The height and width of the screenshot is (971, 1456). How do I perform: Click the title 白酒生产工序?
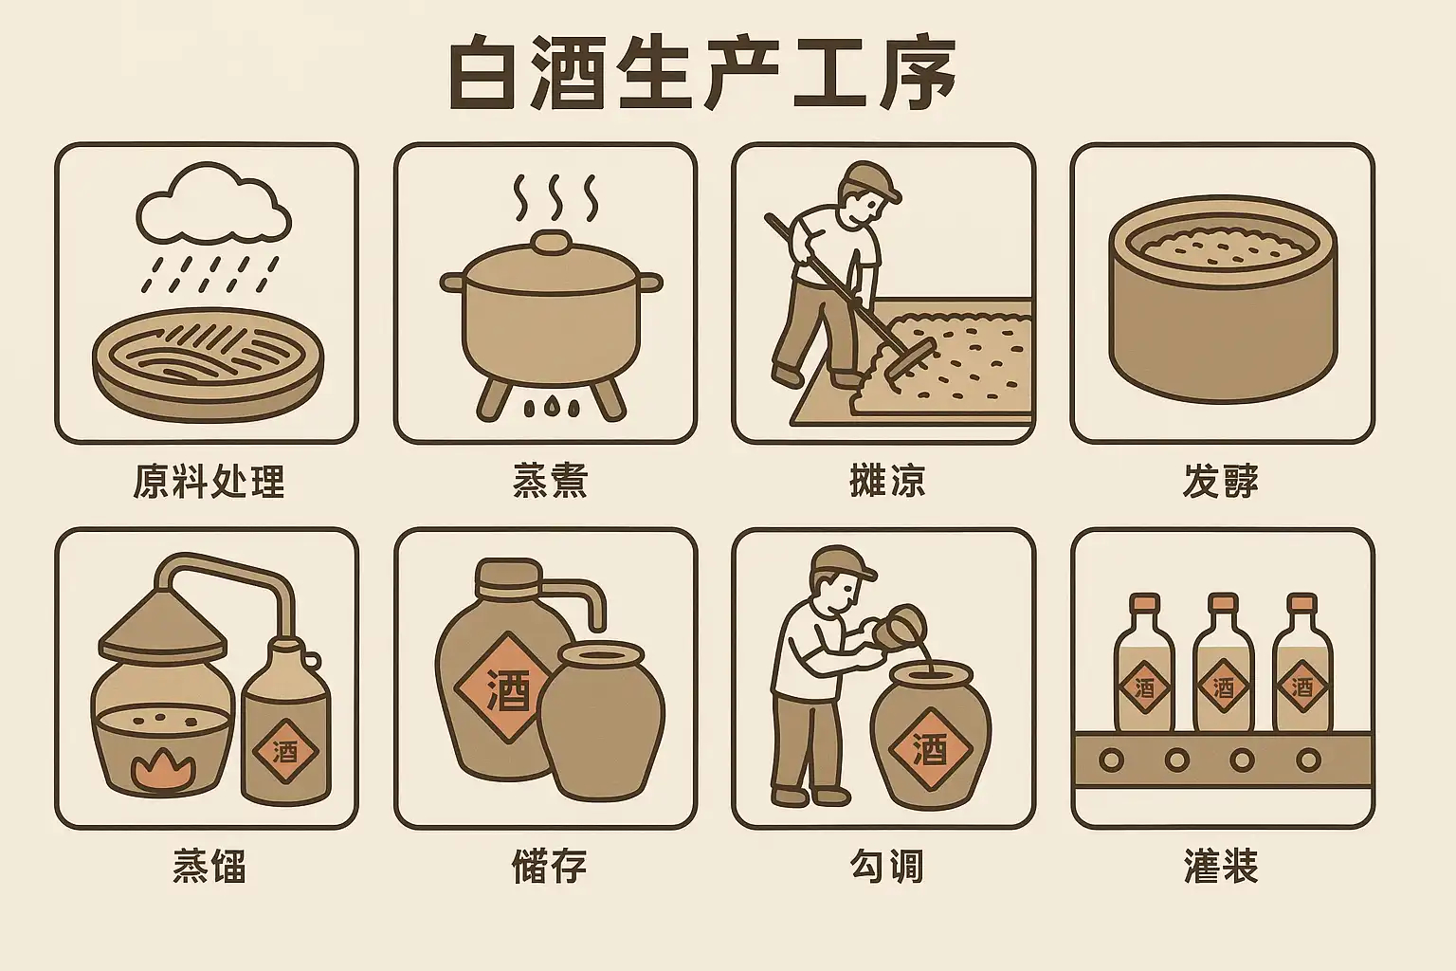coord(702,74)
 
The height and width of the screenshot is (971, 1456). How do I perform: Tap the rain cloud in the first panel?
coord(213,204)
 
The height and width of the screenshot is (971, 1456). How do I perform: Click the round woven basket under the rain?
coord(208,364)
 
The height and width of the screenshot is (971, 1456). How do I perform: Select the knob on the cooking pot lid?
coord(551,241)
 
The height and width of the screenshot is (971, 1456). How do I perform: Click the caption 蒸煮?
coord(550,482)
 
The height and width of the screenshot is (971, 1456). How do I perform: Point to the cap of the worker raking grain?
coord(869,178)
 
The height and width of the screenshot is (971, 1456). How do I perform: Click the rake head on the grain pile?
coord(909,361)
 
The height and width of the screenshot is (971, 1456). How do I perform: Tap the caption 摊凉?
coord(887,482)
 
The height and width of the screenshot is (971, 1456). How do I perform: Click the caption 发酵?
coord(1220,482)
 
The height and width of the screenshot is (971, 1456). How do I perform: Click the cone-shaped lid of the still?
coord(163,624)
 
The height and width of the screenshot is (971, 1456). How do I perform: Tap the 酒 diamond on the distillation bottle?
coord(284,752)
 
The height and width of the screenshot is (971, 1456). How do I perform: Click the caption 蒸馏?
coord(209,867)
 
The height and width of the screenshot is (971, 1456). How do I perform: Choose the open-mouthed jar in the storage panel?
coord(601,721)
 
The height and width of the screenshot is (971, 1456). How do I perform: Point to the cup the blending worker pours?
coord(896,623)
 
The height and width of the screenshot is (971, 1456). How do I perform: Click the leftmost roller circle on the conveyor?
coord(1111,759)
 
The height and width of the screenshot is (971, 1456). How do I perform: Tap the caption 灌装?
coord(1221,867)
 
